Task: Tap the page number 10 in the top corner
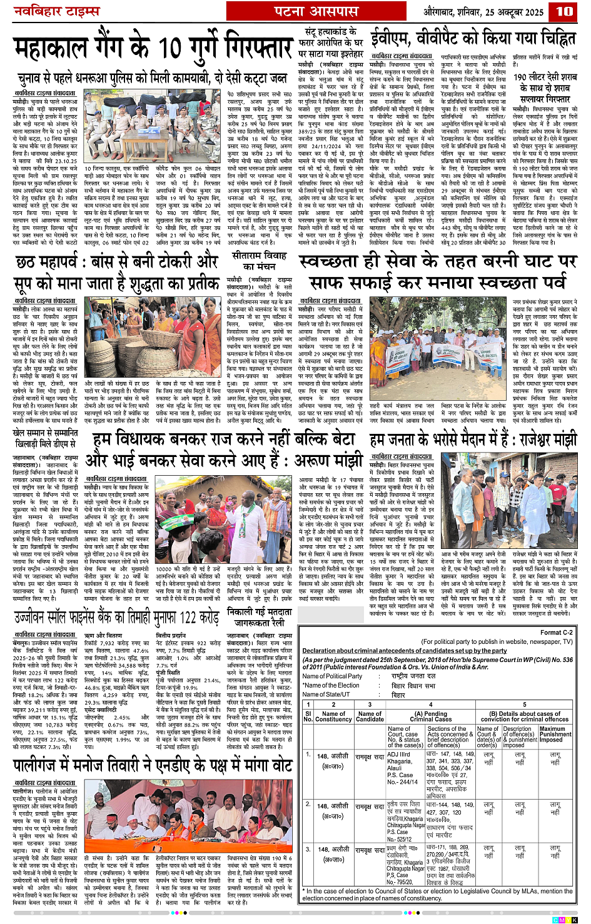pyautogui.click(x=564, y=11)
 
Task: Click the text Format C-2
pyautogui.click(x=556, y=633)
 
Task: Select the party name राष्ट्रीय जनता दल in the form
pyautogui.click(x=422, y=676)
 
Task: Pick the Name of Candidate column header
pyautogui.click(x=370, y=716)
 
